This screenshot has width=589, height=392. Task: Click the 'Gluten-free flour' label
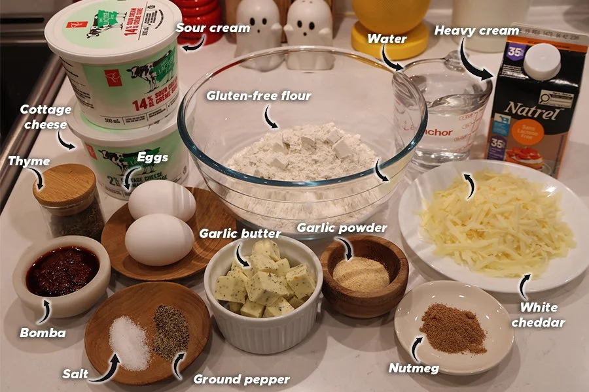[x=259, y=96]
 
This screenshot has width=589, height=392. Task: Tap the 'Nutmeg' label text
[x=414, y=368]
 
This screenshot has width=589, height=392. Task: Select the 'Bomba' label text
[x=43, y=333]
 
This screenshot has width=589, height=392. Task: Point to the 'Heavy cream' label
[x=476, y=31]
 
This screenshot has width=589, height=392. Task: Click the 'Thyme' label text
[x=29, y=161]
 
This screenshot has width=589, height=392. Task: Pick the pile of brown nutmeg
[x=453, y=328]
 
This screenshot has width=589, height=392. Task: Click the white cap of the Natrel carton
[x=541, y=60]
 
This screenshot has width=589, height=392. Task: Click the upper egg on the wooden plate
[x=162, y=200]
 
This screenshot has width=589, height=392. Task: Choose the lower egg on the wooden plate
[x=159, y=238]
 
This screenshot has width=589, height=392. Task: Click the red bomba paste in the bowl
[x=62, y=270]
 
